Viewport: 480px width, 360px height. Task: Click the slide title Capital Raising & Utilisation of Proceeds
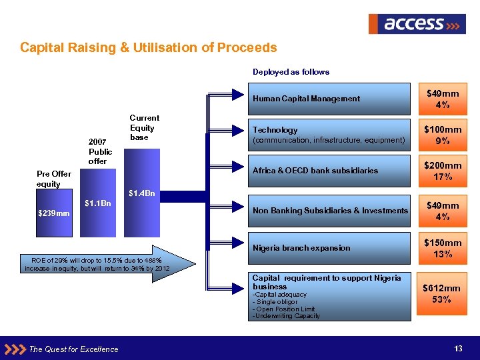tap(148, 48)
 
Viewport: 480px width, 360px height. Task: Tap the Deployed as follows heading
tap(291, 71)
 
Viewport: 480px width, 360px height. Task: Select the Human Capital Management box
tap(330, 99)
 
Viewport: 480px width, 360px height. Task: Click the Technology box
tap(330, 135)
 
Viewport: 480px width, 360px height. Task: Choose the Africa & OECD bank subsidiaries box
tap(330, 171)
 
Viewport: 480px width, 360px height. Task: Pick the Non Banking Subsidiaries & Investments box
tap(330, 211)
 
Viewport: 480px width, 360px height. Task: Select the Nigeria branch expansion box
tap(330, 248)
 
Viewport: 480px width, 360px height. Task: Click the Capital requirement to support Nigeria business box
tap(330, 297)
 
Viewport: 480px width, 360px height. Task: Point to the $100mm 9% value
tap(443, 135)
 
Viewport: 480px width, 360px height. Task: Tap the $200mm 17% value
tap(443, 171)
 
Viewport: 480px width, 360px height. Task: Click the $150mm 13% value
tap(443, 248)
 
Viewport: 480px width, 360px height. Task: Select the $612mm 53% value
tap(443, 294)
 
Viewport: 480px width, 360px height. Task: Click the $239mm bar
tap(54, 213)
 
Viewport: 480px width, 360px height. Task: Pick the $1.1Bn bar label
tap(98, 204)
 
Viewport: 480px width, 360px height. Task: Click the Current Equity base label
tap(144, 127)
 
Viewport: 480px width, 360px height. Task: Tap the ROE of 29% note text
tap(97, 263)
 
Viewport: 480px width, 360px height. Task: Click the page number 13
tap(458, 349)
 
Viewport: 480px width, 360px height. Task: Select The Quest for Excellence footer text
tap(74, 349)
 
